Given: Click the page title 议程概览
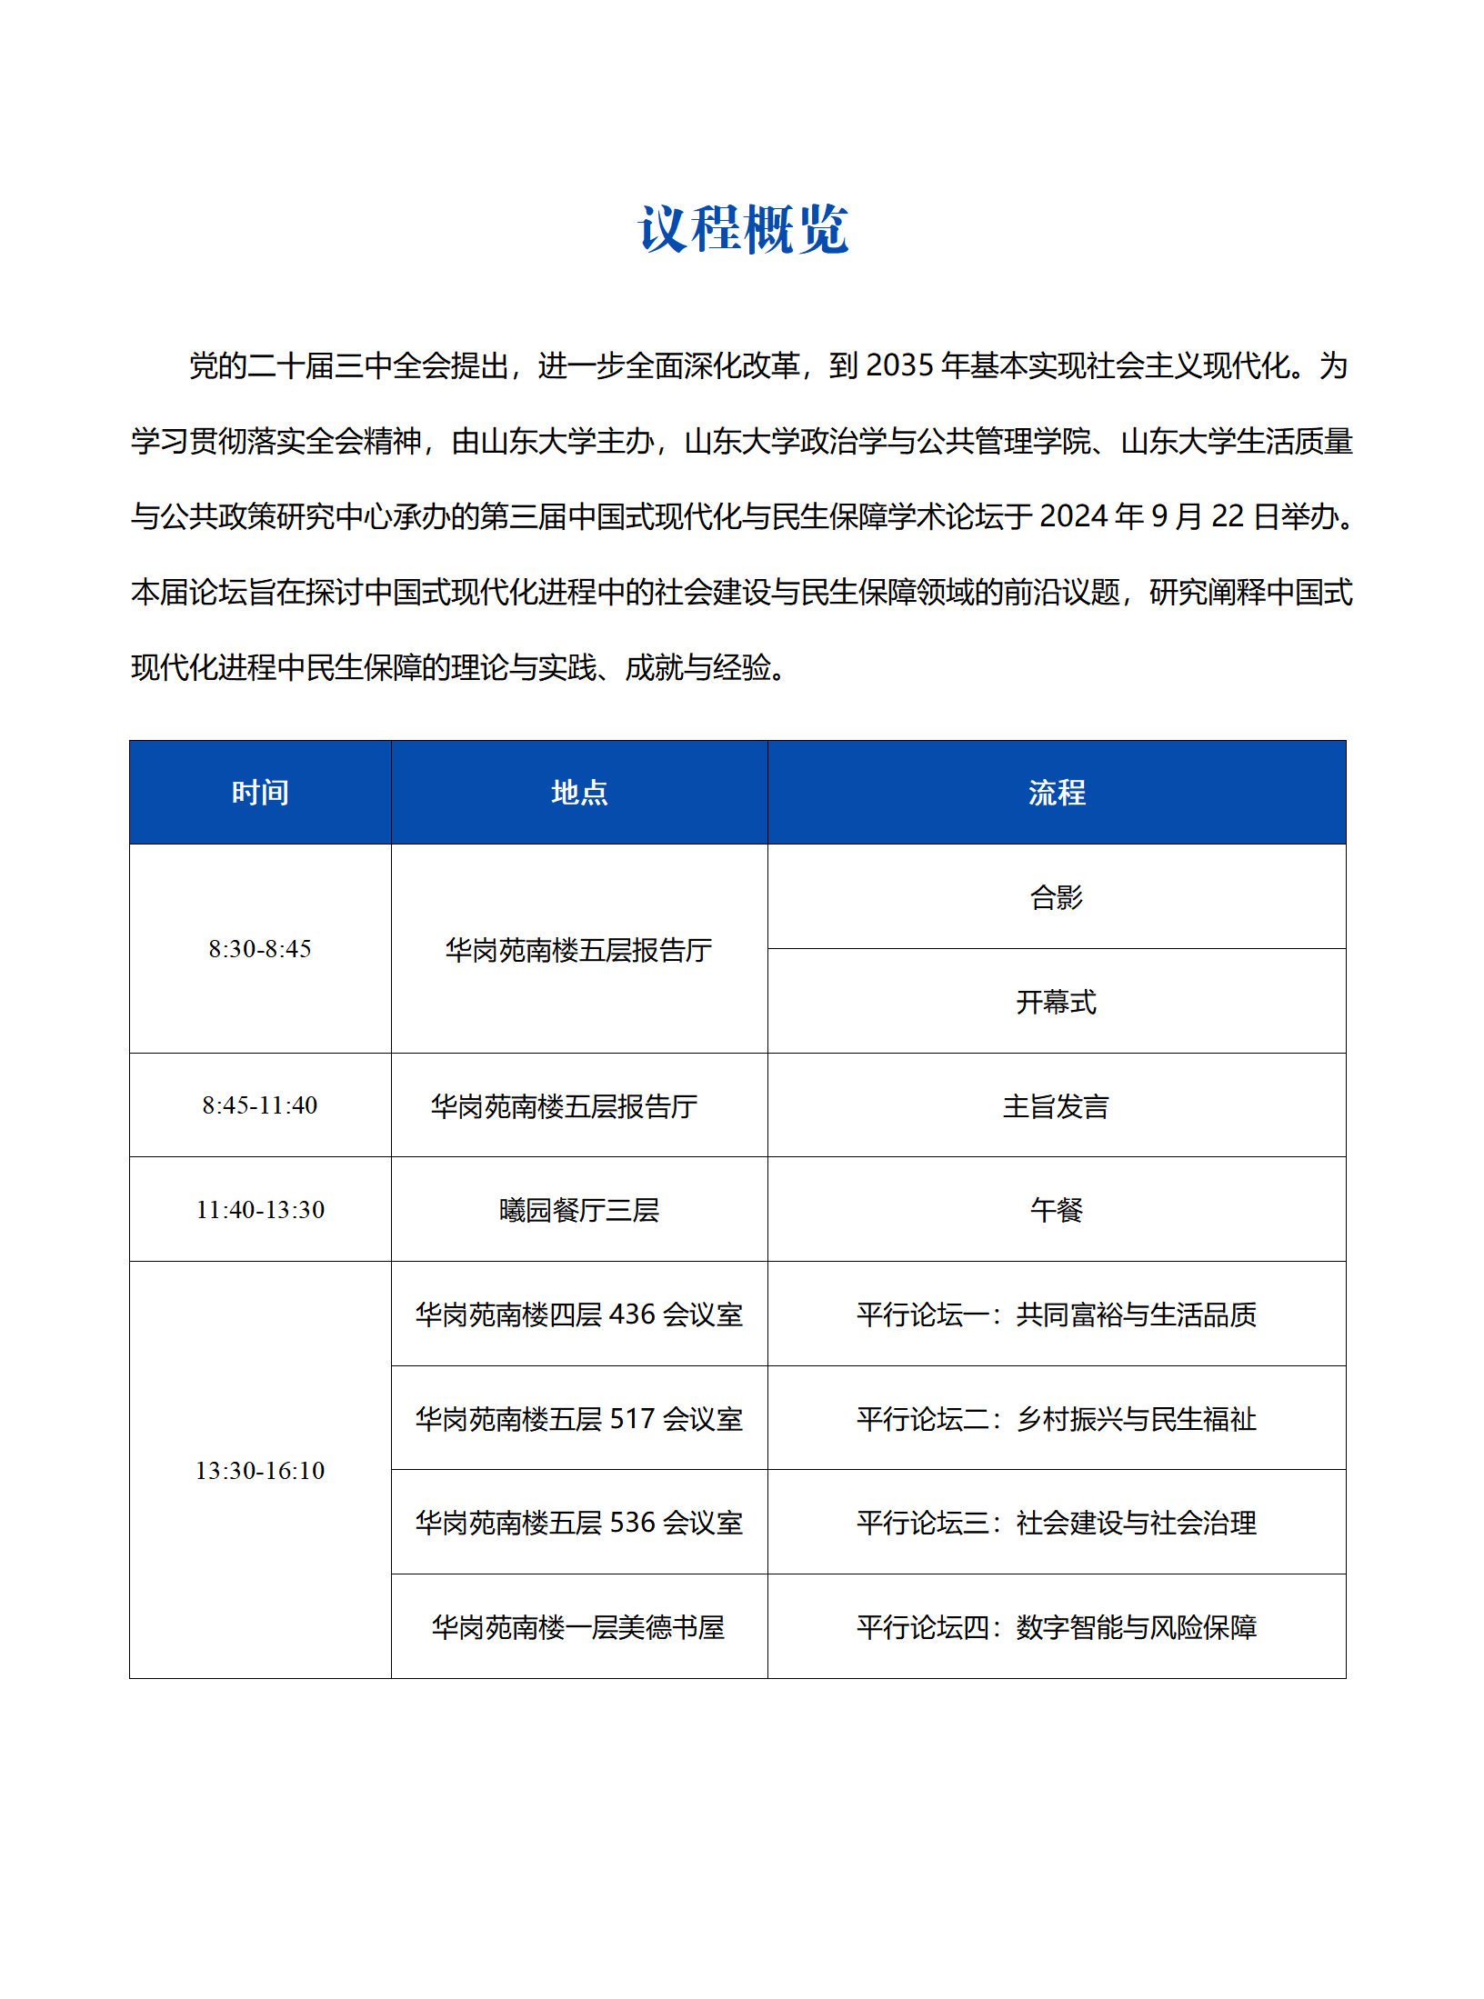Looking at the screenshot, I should [x=743, y=229].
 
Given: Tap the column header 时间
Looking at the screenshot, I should [x=260, y=793].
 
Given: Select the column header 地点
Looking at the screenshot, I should [x=579, y=793].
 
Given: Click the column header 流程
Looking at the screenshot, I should [x=1057, y=793].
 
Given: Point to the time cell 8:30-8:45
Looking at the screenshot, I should [x=260, y=949].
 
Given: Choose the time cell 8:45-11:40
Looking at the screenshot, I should [x=260, y=1105].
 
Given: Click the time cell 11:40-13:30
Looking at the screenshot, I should [x=260, y=1210].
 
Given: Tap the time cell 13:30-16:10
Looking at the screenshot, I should [x=260, y=1471].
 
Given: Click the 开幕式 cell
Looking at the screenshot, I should [x=1057, y=1002].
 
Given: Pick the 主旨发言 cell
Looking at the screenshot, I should [x=1057, y=1106].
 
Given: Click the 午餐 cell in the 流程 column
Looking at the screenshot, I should [x=1057, y=1210].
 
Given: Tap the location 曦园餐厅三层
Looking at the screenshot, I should [x=579, y=1210].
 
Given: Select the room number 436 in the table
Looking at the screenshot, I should [x=632, y=1314].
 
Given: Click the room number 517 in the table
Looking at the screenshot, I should [x=632, y=1419].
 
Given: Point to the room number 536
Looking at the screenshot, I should [x=632, y=1523].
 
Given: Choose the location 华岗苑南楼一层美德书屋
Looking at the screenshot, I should [x=579, y=1627].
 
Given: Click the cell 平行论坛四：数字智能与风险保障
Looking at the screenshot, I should [x=1057, y=1627].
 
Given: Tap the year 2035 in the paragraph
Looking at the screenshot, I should [x=900, y=365].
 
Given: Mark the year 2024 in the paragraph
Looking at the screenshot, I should [x=1074, y=516].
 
